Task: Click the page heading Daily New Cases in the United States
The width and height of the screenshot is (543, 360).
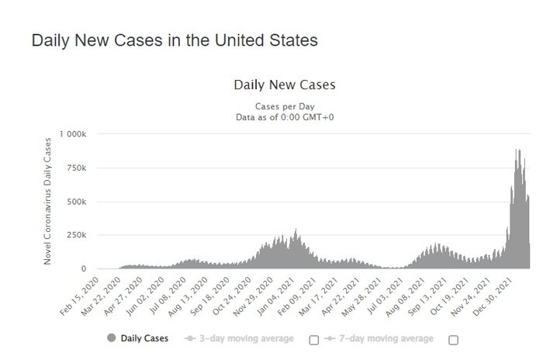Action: (x=174, y=40)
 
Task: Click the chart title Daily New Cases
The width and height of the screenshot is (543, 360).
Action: (x=284, y=85)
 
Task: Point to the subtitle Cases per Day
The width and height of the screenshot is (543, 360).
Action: (x=284, y=106)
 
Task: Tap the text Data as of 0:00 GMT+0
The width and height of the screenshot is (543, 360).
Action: (x=284, y=117)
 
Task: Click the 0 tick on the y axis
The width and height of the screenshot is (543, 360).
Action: (x=92, y=268)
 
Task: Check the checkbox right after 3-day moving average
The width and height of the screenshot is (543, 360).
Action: (x=314, y=340)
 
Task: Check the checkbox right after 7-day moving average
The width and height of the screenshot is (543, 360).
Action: (x=453, y=340)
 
